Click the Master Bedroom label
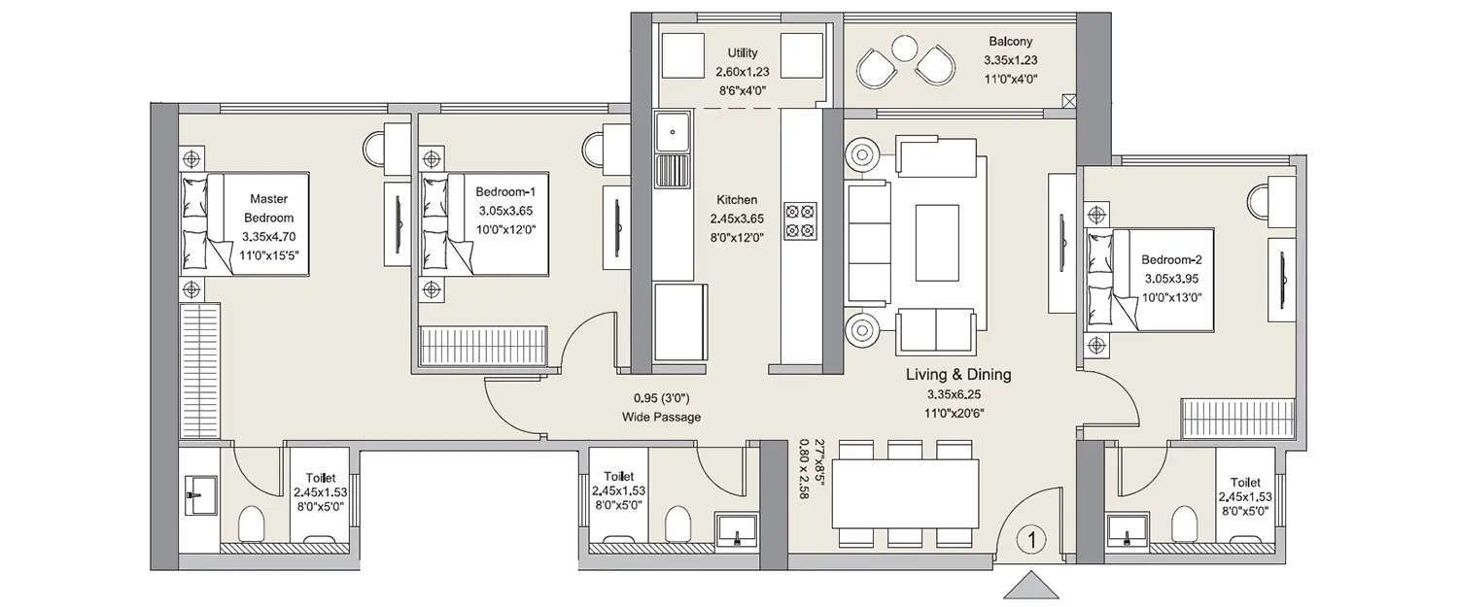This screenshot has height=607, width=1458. click(268, 209)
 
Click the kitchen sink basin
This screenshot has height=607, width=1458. click(672, 132)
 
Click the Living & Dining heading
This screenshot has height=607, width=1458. click(958, 374)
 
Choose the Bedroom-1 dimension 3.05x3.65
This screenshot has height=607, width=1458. click(505, 210)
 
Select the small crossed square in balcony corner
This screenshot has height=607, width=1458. click(1069, 100)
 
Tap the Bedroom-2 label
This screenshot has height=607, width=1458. click(1172, 259)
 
